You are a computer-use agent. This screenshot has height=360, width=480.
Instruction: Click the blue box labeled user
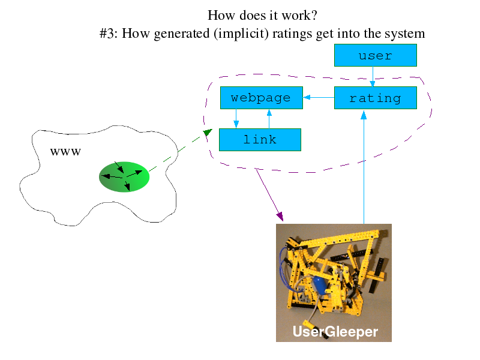coord(376,55)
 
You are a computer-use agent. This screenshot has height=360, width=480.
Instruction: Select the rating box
coord(376,98)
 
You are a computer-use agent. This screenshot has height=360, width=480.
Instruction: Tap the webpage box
coord(262,98)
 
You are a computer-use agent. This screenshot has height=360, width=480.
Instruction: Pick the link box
coord(260,140)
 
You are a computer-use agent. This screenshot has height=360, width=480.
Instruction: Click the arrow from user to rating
coord(373,77)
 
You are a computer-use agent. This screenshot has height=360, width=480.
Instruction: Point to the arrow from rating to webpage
coord(319,97)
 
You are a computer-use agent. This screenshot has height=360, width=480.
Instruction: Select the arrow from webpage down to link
coord(236,118)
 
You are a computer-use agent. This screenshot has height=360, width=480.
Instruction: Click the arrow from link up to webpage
coord(269,119)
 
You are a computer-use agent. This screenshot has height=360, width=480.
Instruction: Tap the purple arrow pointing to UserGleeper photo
coord(269,194)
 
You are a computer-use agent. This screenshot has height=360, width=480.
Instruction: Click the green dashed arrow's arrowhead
coord(208,133)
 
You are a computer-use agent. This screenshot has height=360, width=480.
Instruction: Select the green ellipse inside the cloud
coord(124,176)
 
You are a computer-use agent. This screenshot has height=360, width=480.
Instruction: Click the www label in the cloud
coord(65,152)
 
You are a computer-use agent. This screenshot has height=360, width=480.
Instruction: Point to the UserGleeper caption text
coord(335,332)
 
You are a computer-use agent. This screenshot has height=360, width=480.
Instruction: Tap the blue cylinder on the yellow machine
coord(319,286)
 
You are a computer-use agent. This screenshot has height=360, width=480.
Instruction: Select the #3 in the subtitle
coord(108,33)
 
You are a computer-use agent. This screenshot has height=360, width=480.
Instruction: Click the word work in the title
coord(296,16)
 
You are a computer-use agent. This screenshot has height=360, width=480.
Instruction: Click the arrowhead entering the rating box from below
coord(364,115)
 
